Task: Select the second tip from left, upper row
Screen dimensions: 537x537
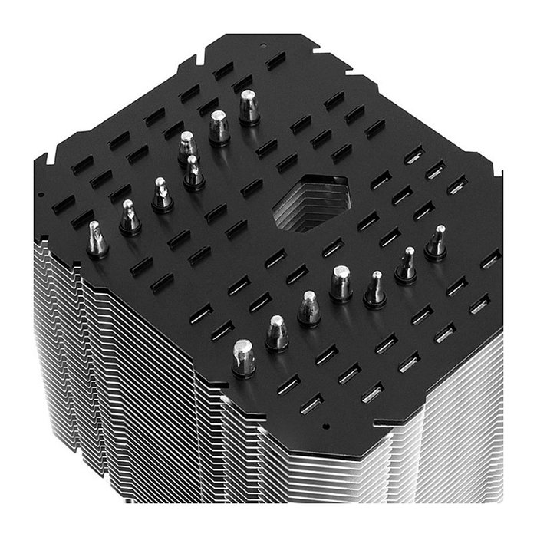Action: (x=129, y=217)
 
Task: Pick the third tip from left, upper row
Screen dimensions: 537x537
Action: (x=161, y=195)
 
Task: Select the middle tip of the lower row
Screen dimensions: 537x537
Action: (x=341, y=284)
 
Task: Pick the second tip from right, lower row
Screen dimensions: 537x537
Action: (x=405, y=265)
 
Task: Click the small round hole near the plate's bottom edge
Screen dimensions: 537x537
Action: (x=325, y=424)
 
